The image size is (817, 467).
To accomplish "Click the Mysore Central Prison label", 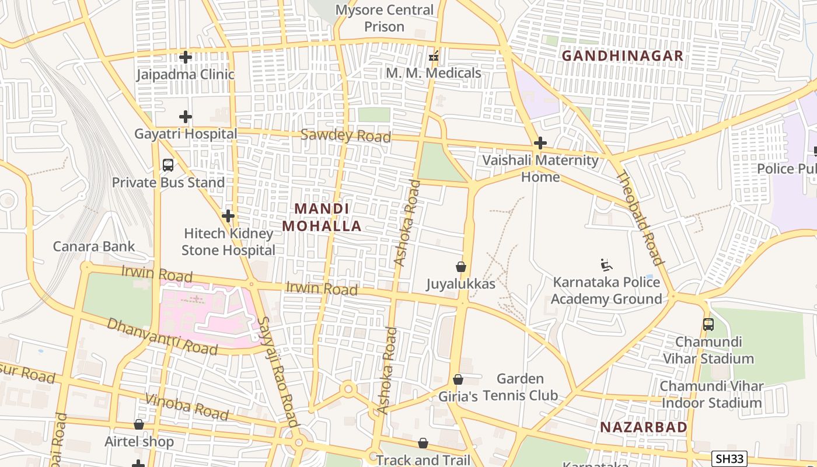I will click(x=385, y=18).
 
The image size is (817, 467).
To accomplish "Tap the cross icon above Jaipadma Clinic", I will click(x=186, y=57).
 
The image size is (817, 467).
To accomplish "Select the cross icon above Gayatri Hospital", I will click(x=186, y=117).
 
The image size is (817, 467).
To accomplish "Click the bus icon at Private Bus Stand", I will click(x=168, y=165).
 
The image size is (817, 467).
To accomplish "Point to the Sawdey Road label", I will click(x=345, y=135).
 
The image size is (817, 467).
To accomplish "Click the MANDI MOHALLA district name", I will click(x=322, y=217).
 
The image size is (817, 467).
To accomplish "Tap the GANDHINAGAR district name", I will click(x=622, y=55).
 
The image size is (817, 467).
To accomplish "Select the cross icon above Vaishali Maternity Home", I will click(x=540, y=143).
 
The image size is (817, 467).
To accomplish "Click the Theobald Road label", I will click(x=640, y=219).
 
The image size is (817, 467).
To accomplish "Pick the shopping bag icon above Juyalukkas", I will click(x=461, y=267).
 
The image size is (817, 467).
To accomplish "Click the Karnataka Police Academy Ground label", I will click(x=607, y=291).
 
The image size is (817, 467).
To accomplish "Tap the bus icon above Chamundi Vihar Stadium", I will click(x=708, y=325).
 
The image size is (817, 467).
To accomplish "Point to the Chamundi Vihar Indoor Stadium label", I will click(x=711, y=395).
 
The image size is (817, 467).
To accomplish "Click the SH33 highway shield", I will click(x=729, y=459).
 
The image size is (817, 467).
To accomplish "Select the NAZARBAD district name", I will click(x=644, y=427).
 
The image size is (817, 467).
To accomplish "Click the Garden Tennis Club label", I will click(x=521, y=387).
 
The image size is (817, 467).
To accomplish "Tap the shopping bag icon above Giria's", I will click(x=458, y=379).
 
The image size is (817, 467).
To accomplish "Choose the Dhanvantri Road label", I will click(x=162, y=337).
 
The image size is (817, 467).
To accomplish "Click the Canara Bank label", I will click(x=94, y=246).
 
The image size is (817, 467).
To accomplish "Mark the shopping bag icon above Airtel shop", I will click(x=139, y=424).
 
